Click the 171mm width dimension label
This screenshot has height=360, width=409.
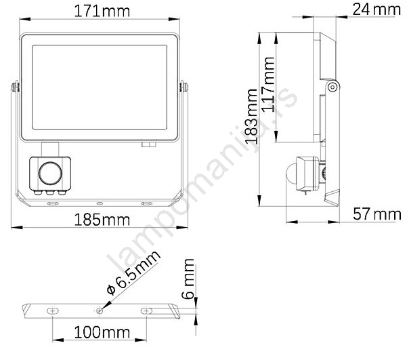(x=102, y=12)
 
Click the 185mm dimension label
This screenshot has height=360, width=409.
(x=102, y=220)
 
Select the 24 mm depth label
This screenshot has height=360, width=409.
(x=376, y=9)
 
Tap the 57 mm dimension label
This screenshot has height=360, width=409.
(x=377, y=214)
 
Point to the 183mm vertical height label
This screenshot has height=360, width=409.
(x=252, y=117)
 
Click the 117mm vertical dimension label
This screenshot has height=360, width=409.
(x=267, y=85)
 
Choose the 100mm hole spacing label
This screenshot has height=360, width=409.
(x=102, y=333)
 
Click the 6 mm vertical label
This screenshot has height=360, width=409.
(x=188, y=279)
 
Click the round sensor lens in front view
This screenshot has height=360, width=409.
(x=50, y=173)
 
